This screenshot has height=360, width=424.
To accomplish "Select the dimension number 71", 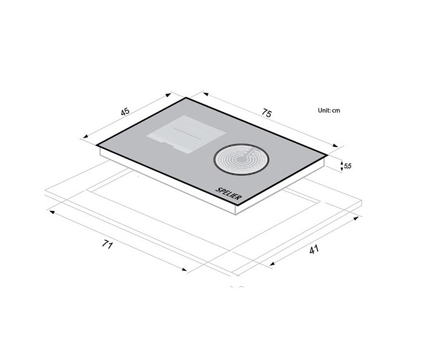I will click(108, 245).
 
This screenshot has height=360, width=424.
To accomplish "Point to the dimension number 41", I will click(313, 249).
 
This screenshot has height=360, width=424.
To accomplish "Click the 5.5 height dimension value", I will click(348, 165).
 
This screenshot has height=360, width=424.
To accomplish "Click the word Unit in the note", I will click(324, 111).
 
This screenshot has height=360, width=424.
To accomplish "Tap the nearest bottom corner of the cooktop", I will click(235, 207).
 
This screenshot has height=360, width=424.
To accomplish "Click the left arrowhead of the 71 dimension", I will click(51, 213).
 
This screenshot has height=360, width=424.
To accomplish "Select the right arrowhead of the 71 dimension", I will click(187, 271).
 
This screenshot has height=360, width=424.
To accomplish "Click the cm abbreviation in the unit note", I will click(336, 111).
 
